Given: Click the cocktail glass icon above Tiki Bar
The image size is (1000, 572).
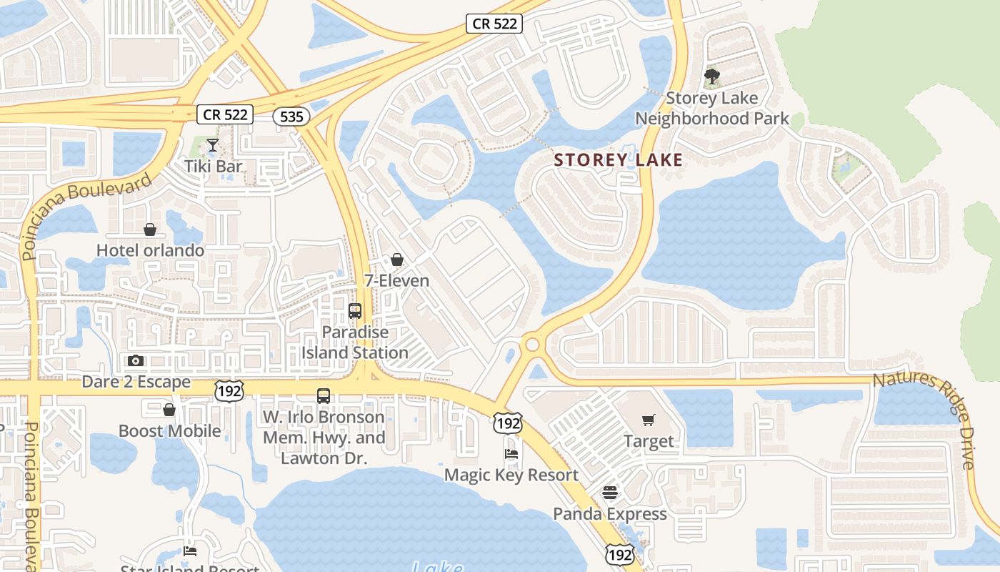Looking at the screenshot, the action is coord(212,146).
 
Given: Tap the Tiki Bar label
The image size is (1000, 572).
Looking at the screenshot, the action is coord(214,167).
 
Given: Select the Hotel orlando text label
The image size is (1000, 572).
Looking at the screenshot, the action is coord(150,250).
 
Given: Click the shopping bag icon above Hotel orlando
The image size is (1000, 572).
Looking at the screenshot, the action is coord(150,230).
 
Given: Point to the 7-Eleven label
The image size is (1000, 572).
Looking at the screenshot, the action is coord(397,280).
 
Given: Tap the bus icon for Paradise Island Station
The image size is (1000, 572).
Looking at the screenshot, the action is coord(355,311).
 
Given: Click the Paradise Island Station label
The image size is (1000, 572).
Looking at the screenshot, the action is coord(355,342).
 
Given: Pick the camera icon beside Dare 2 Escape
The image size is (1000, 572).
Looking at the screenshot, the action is coord(136,361).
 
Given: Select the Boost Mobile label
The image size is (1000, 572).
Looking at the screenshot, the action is coord(169,430).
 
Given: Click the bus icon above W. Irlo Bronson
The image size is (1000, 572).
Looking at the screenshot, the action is coord(324,395).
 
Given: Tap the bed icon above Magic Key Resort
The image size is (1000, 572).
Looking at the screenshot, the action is coord(511,454).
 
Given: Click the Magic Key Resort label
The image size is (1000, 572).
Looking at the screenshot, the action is coord(511,475).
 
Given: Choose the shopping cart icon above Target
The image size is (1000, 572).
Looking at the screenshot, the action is coord(649,420).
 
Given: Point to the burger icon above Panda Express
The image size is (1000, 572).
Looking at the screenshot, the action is coord(610,493).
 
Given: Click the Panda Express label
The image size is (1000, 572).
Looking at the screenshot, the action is coord(610,513).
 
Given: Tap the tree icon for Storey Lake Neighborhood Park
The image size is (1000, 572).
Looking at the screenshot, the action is coord(711,76).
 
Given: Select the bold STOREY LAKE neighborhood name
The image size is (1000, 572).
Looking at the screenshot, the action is coord(619,159).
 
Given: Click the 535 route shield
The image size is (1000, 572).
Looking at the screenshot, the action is coord(291,116).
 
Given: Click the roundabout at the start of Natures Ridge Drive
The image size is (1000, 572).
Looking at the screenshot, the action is coord(532,345).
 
